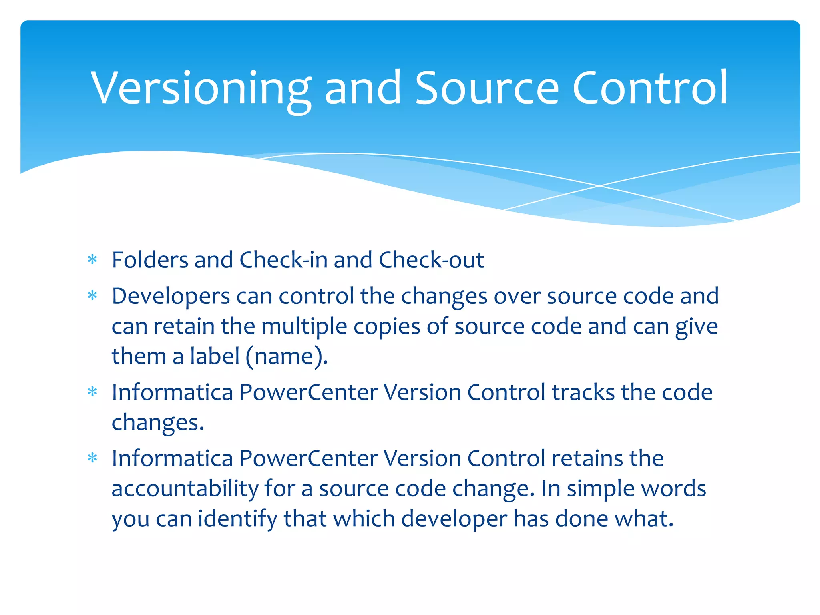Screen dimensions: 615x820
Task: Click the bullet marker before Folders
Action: [x=92, y=260]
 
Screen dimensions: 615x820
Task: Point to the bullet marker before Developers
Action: [x=92, y=296]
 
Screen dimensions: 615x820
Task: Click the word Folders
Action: [x=150, y=260]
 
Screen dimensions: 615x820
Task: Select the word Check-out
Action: [x=431, y=260]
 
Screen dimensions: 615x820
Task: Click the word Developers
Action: [x=171, y=296]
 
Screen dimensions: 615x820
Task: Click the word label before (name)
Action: [x=215, y=356]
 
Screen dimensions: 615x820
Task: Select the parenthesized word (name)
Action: [x=287, y=356]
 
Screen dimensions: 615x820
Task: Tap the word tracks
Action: [x=583, y=392]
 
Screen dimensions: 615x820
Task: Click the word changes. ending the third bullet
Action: [x=158, y=422]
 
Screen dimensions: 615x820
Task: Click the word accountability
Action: [x=185, y=488]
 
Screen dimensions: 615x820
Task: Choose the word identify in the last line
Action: [x=237, y=519]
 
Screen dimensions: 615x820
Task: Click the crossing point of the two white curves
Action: [x=599, y=186]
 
